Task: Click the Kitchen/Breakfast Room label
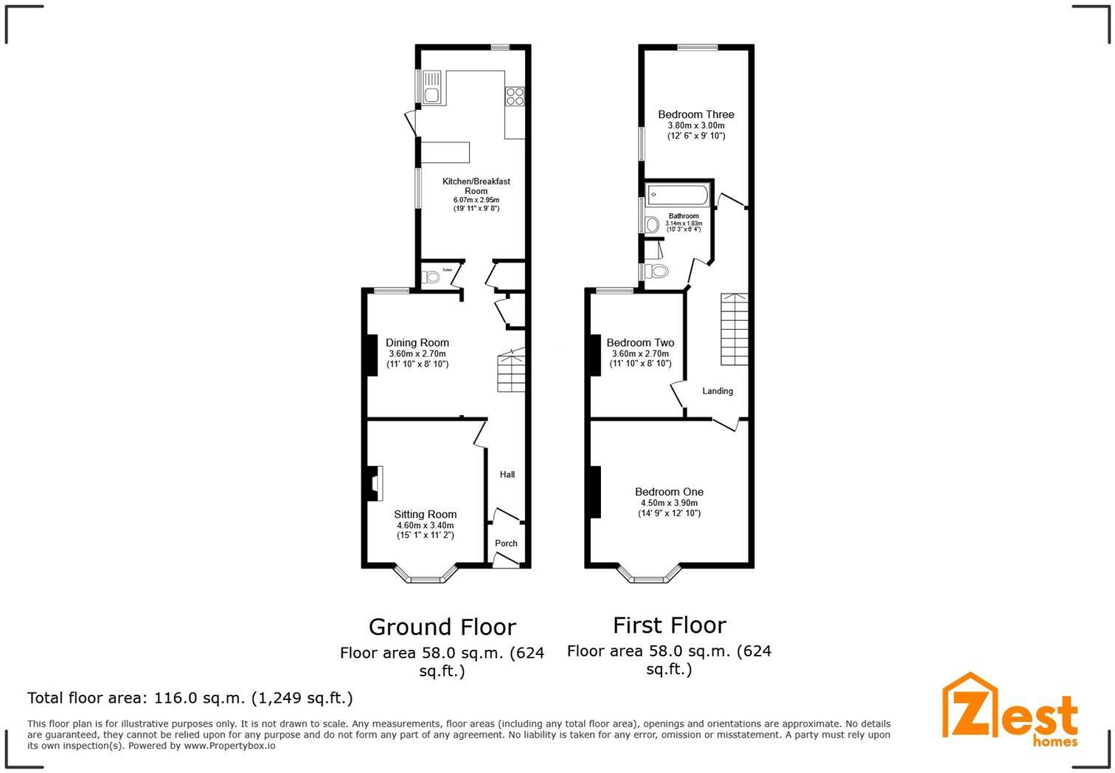[x=476, y=186]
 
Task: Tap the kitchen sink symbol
[x=431, y=88]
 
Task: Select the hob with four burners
[x=514, y=97]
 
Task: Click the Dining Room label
[x=417, y=343]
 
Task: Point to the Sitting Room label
[x=425, y=515]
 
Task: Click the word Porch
[x=506, y=544]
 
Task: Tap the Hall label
[x=507, y=475]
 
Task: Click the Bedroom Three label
[x=695, y=115]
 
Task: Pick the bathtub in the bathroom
[x=677, y=195]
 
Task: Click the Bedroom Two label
[x=640, y=343]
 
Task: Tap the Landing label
[x=718, y=392]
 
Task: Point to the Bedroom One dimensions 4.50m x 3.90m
[x=669, y=503]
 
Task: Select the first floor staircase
[x=734, y=329]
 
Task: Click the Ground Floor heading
[x=442, y=627]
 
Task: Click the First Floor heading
[x=669, y=625]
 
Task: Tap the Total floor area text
[x=190, y=698]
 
